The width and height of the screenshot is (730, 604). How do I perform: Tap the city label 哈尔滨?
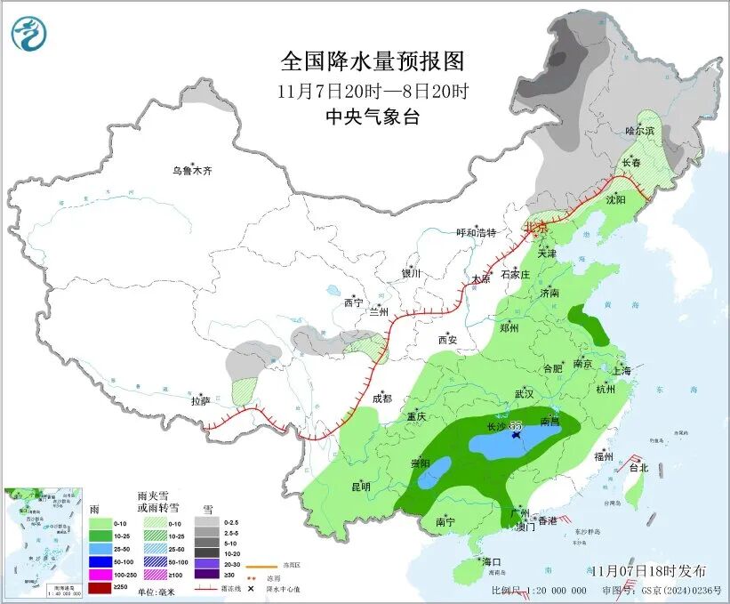[639, 131]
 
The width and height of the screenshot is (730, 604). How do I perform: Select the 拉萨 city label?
[199, 401]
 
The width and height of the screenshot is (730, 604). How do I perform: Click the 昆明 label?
[360, 487]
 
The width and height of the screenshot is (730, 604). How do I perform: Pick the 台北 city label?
[638, 467]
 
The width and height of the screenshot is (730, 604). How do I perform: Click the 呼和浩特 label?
[476, 233]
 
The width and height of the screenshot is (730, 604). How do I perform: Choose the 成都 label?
[382, 399]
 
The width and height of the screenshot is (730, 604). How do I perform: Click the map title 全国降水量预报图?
[373, 61]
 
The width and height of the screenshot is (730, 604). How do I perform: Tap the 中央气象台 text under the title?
[372, 117]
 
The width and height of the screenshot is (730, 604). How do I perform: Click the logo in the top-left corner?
[29, 34]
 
